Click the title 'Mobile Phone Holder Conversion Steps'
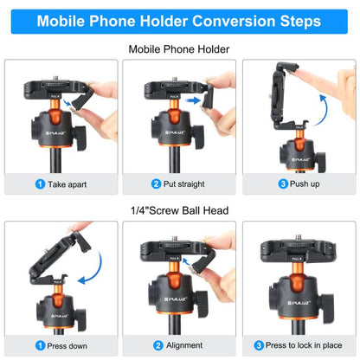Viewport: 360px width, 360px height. pos(179,20)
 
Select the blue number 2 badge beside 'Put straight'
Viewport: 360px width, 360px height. pos(157,184)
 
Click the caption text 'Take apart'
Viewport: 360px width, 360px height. pos(67,184)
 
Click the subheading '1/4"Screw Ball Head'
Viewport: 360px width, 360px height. pos(179,209)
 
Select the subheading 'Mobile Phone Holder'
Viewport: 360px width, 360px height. pos(179,50)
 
